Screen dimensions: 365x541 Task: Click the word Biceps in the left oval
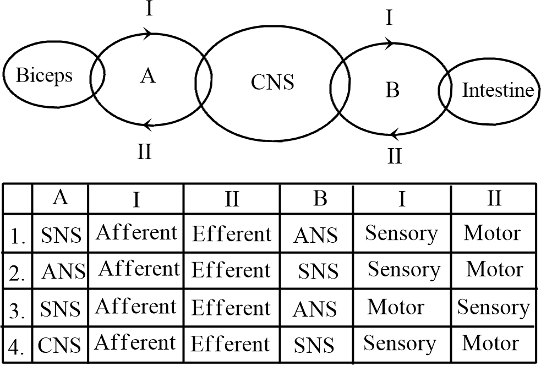pos(44,75)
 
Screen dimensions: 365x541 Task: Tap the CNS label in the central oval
pos(272,83)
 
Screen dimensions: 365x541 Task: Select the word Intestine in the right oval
pos(498,91)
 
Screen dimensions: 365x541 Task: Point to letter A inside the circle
pos(147,76)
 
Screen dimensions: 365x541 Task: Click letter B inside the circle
pos(392,89)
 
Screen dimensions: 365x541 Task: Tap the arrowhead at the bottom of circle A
pos(146,126)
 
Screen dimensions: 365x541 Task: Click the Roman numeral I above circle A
pos(149,10)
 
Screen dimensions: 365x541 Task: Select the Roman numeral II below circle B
pos(394,156)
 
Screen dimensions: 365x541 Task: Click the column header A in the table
pos(61,197)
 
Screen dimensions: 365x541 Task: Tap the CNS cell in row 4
pos(60,346)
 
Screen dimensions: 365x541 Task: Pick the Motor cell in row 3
pos(395,307)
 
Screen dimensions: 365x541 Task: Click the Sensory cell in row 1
pos(401,233)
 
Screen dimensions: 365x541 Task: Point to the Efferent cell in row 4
pos(231,344)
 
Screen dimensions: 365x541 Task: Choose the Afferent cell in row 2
pos(139,269)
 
